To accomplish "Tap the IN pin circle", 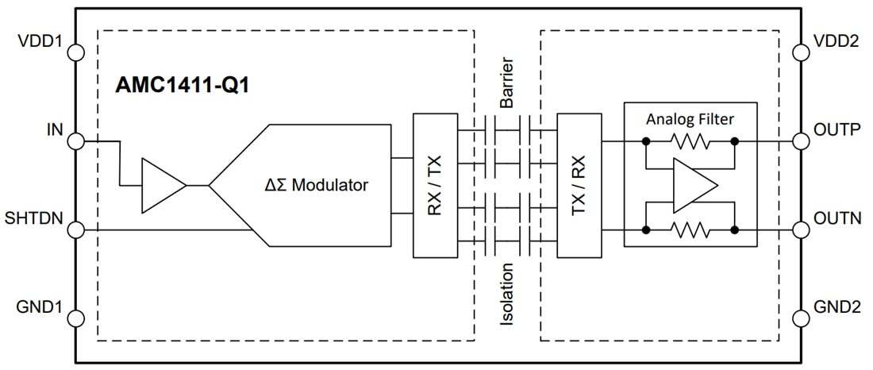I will click(x=75, y=141).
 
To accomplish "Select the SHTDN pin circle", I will click(x=75, y=230).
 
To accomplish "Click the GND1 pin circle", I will click(x=75, y=318).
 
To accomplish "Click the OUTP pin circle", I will click(x=799, y=141).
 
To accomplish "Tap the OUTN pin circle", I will click(x=799, y=230).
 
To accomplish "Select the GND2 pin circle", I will click(x=799, y=318).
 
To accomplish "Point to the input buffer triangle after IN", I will click(x=160, y=186).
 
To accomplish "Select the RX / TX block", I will click(x=436, y=186).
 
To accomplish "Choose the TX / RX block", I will click(x=579, y=186).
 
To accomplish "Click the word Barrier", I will click(x=507, y=83).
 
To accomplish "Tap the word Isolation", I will click(x=507, y=295).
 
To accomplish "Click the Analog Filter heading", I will click(x=690, y=119).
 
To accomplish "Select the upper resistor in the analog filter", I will click(x=690, y=142).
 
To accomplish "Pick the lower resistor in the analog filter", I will click(x=690, y=230).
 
